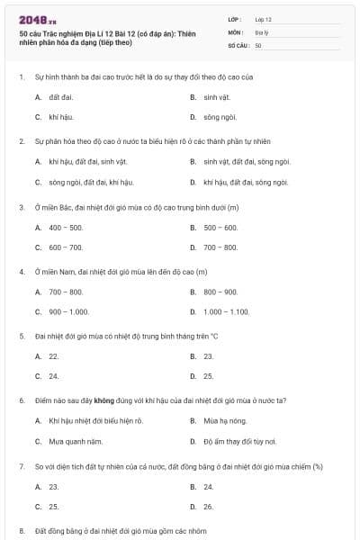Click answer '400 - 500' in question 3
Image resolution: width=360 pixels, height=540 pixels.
tap(66, 228)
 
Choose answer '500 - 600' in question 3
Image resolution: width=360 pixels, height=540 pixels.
tap(220, 228)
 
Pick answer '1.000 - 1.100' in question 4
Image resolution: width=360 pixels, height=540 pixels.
tap(226, 311)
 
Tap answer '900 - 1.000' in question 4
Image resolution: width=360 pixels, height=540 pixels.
tap(68, 311)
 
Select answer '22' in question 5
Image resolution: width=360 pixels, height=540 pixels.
tap(54, 356)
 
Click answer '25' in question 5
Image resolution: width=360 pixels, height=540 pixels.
tap(209, 376)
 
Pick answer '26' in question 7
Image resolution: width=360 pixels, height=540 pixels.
tap(209, 507)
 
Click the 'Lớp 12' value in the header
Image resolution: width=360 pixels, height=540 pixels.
tap(264, 19)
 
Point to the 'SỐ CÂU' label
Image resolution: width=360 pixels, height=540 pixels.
tap(238, 44)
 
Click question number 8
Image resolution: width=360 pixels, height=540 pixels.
tap(22, 531)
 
